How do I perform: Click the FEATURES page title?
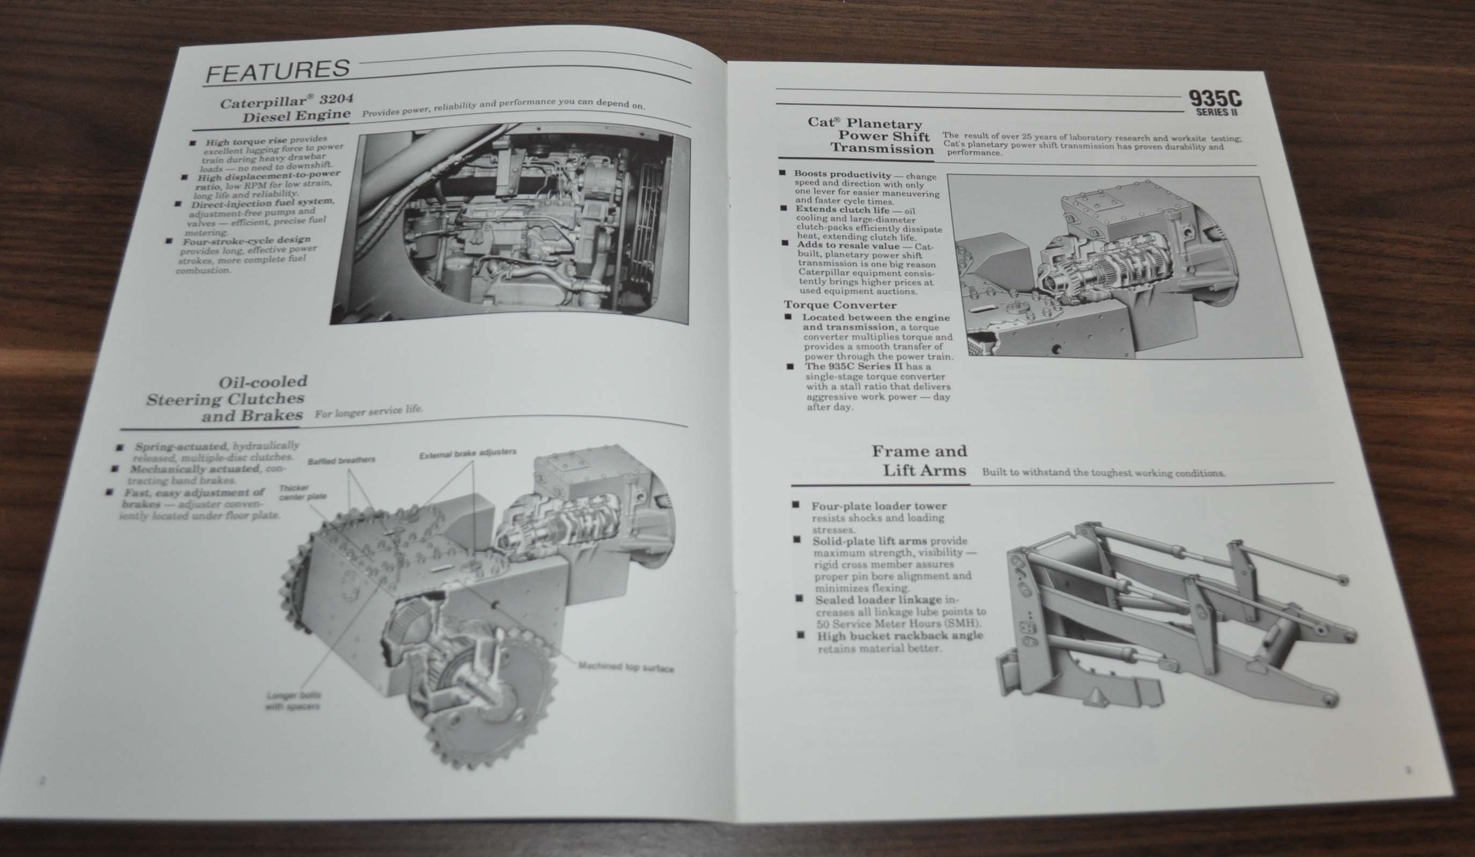coord(278,71)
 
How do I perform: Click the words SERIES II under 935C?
coord(1216,112)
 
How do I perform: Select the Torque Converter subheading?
coord(840,305)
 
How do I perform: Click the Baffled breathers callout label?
coord(341,460)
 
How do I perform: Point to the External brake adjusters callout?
coord(468,453)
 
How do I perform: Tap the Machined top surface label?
coord(626,667)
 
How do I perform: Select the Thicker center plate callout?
coord(302,492)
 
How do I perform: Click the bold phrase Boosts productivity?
coord(842,174)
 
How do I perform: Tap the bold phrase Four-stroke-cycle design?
coord(246,241)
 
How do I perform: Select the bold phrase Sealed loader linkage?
coord(878,599)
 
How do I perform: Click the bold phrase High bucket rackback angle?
coord(900,636)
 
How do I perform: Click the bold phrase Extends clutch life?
coord(842,209)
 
